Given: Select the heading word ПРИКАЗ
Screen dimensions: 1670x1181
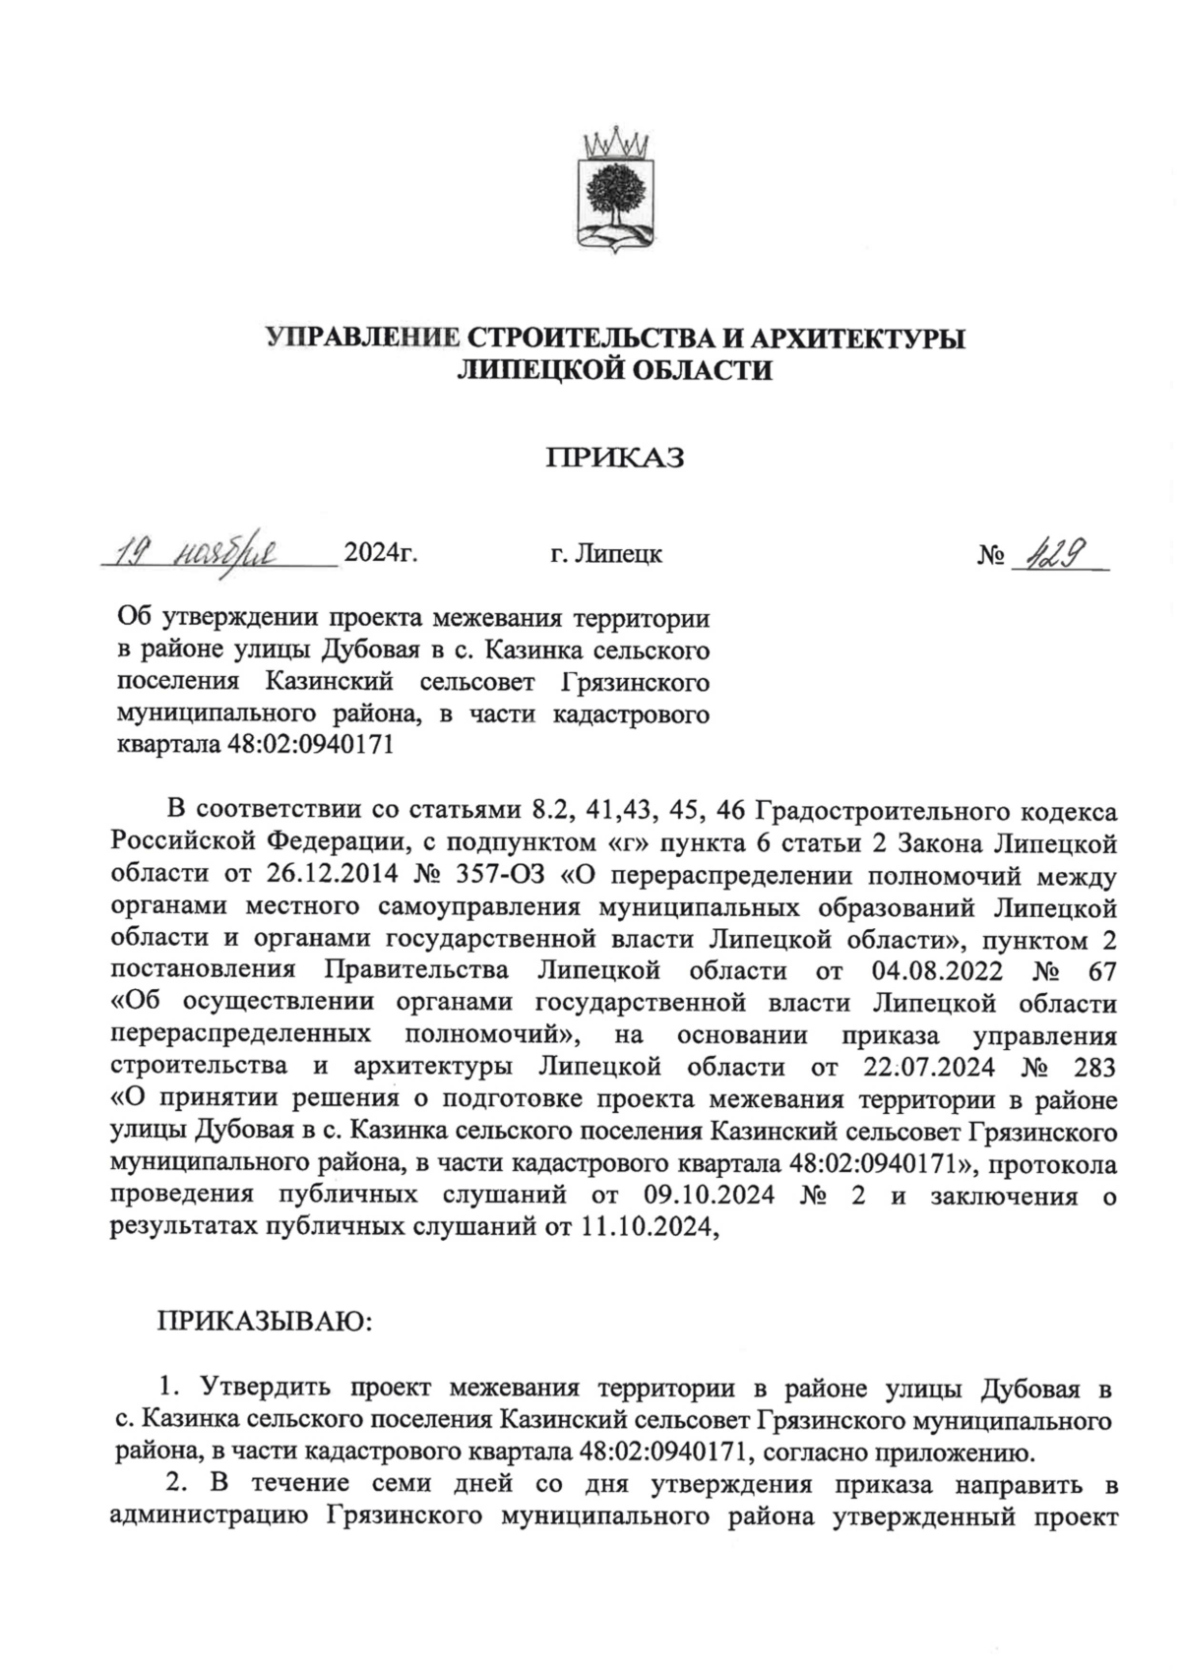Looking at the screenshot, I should pos(615,458).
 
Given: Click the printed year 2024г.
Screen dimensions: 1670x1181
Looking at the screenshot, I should pos(380,554).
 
